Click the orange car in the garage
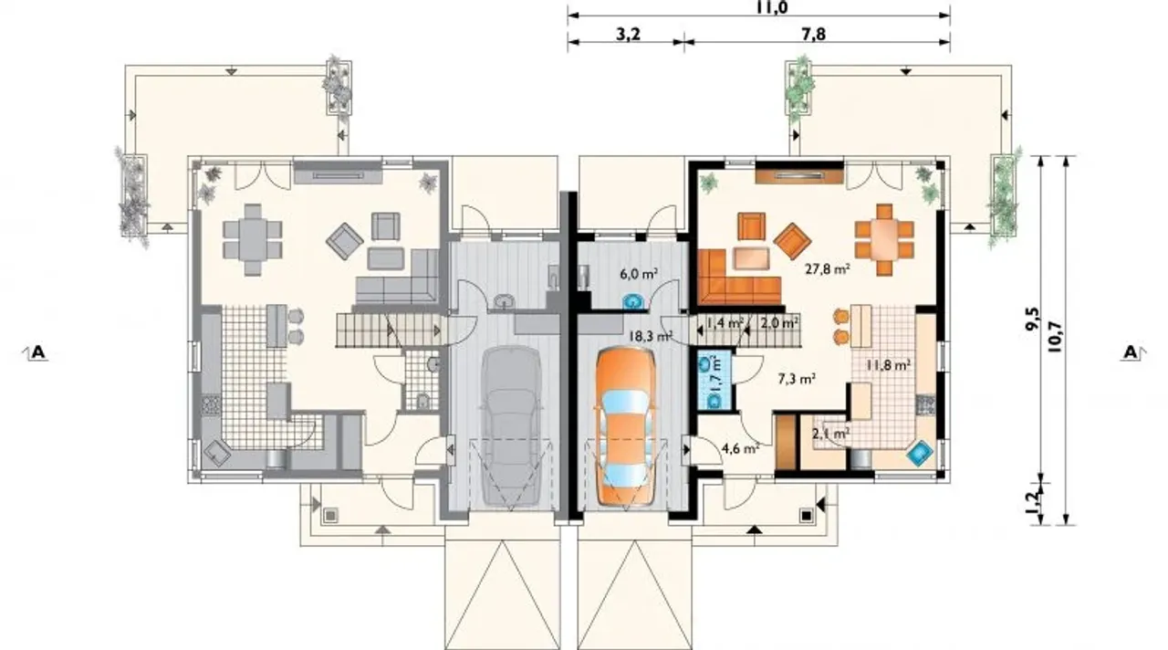(x=625, y=427)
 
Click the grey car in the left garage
(x=512, y=426)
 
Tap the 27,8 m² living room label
(x=830, y=269)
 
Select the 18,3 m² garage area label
(x=650, y=335)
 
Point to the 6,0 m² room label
(x=638, y=274)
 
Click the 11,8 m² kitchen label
(x=889, y=364)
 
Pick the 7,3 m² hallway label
(x=797, y=379)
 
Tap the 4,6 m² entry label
(x=740, y=448)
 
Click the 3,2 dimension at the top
(x=628, y=35)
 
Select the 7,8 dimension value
(x=814, y=35)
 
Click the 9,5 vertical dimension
(x=1031, y=320)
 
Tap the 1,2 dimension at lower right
(x=1031, y=502)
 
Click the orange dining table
(x=884, y=239)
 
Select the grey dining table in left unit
(x=253, y=239)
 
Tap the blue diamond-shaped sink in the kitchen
(x=920, y=454)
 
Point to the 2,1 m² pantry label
(x=831, y=434)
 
